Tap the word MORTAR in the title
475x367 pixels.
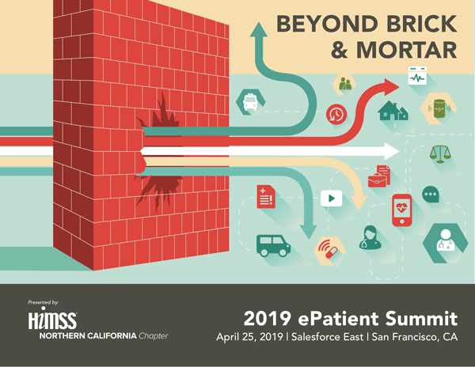pos(406,50)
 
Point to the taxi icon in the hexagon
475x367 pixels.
pos(250,102)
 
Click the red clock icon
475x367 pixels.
pos(336,115)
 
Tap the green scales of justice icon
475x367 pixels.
pos(440,154)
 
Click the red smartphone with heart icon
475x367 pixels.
pos(401,210)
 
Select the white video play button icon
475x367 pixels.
pos(332,199)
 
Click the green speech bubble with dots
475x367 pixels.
pos(431,195)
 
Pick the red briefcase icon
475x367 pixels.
pos(377,180)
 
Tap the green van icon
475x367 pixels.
pos(274,245)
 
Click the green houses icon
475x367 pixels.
pos(393,111)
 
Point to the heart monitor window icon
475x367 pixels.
pos(417,76)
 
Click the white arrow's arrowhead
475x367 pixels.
pos(392,151)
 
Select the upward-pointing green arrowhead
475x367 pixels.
pos(259,29)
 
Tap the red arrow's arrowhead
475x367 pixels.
pos(392,87)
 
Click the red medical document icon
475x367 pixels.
pos(266,197)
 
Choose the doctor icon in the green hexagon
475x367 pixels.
pos(445,241)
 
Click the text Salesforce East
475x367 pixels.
pos(327,337)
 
